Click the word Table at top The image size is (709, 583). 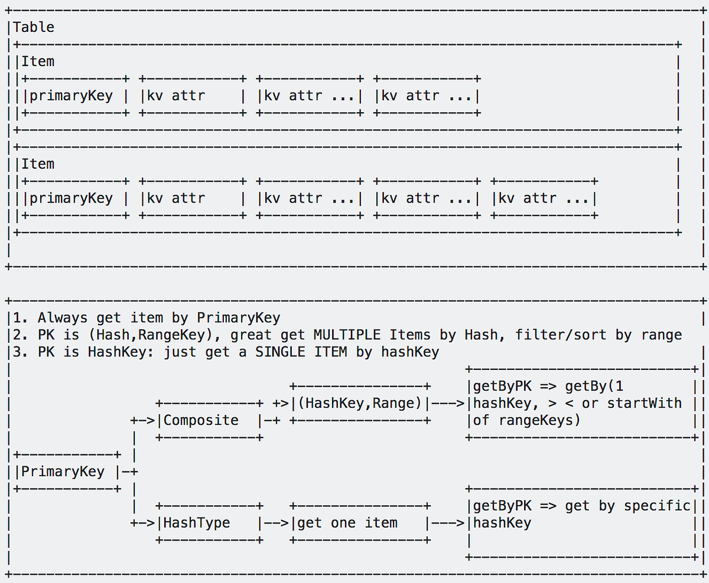pyautogui.click(x=34, y=27)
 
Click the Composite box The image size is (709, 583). pyautogui.click(x=201, y=420)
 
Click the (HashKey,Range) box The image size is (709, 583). pyautogui.click(x=359, y=404)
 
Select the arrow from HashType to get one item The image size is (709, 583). pyautogui.click(x=276, y=523)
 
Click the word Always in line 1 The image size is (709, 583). pyautogui.click(x=63, y=318)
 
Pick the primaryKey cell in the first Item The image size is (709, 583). pyautogui.click(x=71, y=96)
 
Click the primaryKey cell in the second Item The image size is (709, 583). pyautogui.click(x=71, y=198)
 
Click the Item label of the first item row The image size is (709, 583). pyautogui.click(x=38, y=61)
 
